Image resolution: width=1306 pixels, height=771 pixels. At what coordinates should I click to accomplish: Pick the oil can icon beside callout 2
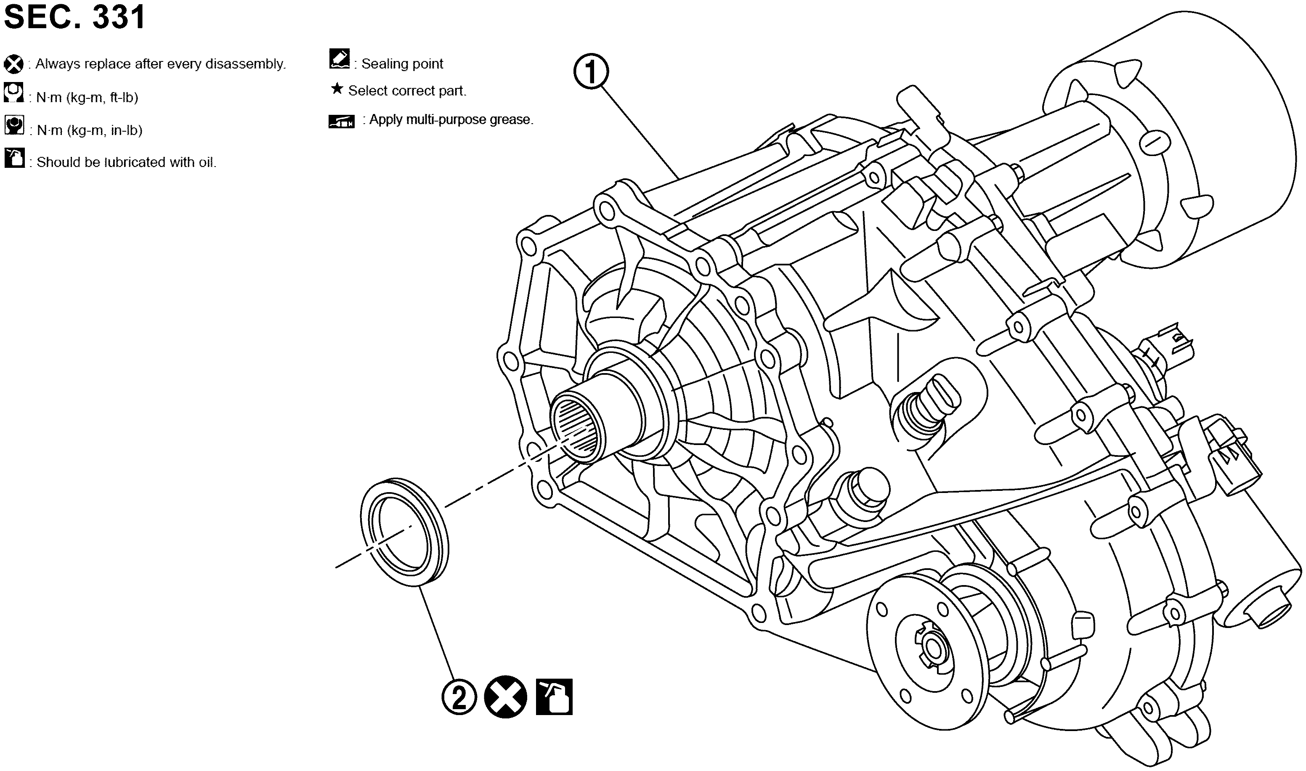pyautogui.click(x=554, y=697)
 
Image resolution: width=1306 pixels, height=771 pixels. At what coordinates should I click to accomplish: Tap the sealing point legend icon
pyautogui.click(x=340, y=59)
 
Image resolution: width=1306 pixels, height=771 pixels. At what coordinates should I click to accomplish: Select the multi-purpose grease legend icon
pyautogui.click(x=342, y=122)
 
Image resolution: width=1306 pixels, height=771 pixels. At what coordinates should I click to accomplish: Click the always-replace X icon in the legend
pyautogui.click(x=13, y=64)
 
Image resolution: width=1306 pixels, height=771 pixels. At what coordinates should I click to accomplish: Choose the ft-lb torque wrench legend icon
pyautogui.click(x=13, y=92)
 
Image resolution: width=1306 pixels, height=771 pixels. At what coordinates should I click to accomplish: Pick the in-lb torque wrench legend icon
pyautogui.click(x=14, y=125)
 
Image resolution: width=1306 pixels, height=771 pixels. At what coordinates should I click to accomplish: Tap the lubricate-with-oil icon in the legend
pyautogui.click(x=14, y=158)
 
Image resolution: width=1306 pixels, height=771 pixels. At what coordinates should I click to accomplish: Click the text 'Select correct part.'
pyautogui.click(x=407, y=90)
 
